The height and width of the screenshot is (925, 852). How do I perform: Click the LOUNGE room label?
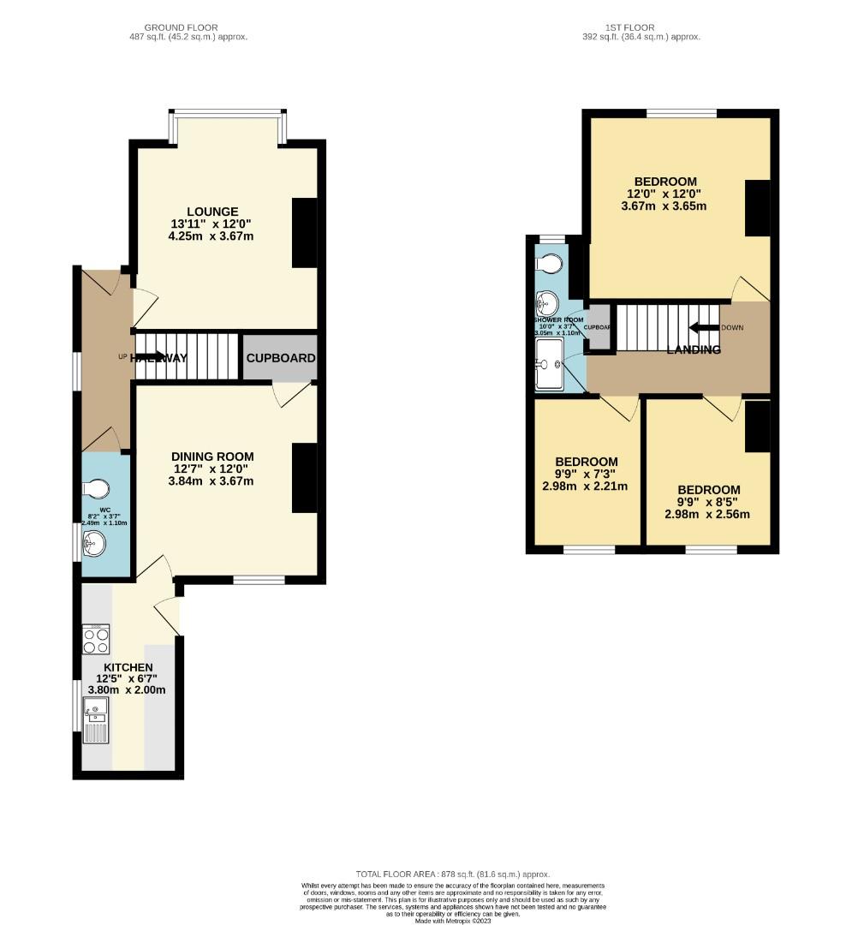click(x=212, y=212)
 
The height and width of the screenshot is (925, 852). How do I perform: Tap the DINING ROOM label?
click(x=212, y=457)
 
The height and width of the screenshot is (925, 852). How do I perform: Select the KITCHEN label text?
click(x=128, y=667)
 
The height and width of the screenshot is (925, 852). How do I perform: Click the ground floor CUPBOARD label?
click(x=281, y=358)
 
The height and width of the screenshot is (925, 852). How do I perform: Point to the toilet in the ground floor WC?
click(x=97, y=488)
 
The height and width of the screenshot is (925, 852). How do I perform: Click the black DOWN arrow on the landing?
click(x=704, y=327)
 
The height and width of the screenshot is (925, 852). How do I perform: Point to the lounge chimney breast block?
click(x=304, y=233)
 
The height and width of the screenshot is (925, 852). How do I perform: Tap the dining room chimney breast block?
click(x=304, y=478)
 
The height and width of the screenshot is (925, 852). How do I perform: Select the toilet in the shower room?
click(x=549, y=260)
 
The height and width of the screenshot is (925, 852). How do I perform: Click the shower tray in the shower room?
click(x=549, y=364)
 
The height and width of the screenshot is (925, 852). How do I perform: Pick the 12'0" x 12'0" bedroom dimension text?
click(x=664, y=194)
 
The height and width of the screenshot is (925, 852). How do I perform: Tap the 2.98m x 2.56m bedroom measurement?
click(x=706, y=515)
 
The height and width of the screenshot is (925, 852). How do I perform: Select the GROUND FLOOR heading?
click(x=180, y=27)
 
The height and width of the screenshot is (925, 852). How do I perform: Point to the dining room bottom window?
click(x=259, y=580)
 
